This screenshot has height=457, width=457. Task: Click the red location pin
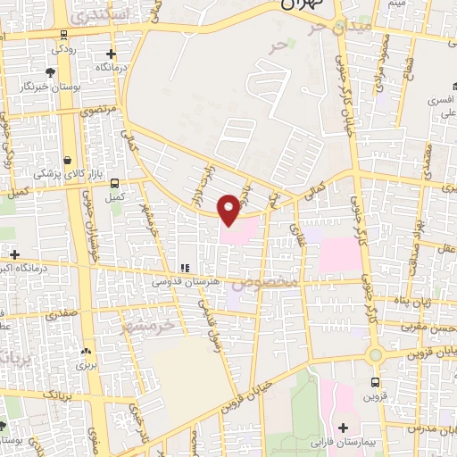pos(228,208)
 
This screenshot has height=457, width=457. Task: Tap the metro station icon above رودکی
pos(63,36)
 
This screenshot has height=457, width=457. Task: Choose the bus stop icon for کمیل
pos(113,183)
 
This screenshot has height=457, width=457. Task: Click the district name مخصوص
pos(270,282)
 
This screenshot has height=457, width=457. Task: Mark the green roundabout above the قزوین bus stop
pos(375,355)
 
